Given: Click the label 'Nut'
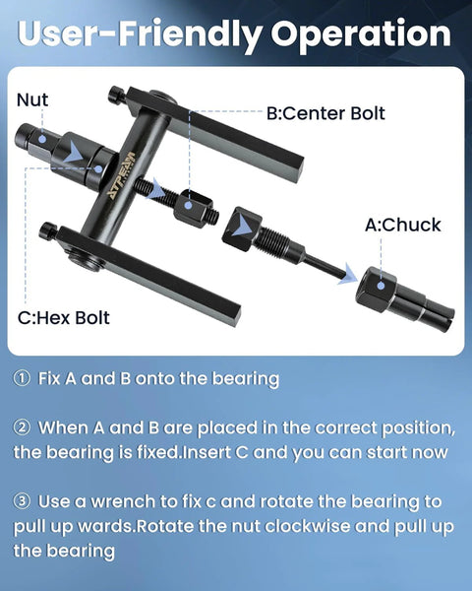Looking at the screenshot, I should pyautogui.click(x=32, y=100).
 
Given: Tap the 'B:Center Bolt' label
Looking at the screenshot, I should pyautogui.click(x=326, y=113).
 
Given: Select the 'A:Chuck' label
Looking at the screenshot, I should pyautogui.click(x=402, y=226).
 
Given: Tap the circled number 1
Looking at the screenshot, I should pyautogui.click(x=22, y=378).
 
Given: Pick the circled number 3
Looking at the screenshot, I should pyautogui.click(x=22, y=502).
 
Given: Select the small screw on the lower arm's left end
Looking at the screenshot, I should pyautogui.click(x=46, y=231).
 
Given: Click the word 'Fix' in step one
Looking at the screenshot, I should pyautogui.click(x=53, y=378).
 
